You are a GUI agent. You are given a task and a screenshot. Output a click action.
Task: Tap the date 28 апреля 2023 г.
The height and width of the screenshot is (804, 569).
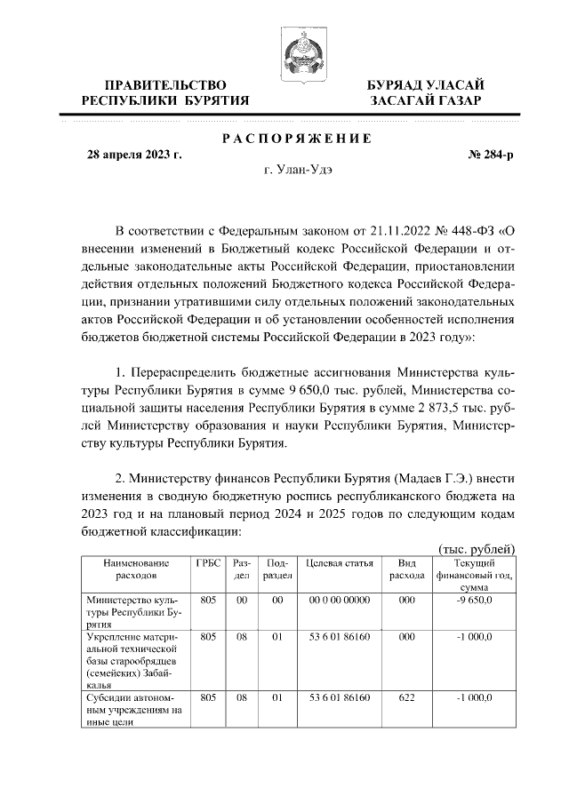pyautogui.click(x=133, y=155)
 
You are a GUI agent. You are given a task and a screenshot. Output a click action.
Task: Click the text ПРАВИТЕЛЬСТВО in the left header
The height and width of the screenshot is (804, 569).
pyautogui.click(x=164, y=84)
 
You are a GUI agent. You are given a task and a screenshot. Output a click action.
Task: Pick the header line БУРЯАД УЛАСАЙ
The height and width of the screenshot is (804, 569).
pyautogui.click(x=426, y=84)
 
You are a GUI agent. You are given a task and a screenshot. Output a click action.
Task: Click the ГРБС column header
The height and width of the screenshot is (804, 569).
pyautogui.click(x=208, y=563)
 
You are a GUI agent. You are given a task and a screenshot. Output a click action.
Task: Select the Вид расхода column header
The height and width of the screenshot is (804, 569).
pyautogui.click(x=407, y=569)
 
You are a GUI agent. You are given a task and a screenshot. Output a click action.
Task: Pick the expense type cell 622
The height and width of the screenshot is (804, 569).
pyautogui.click(x=407, y=697)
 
